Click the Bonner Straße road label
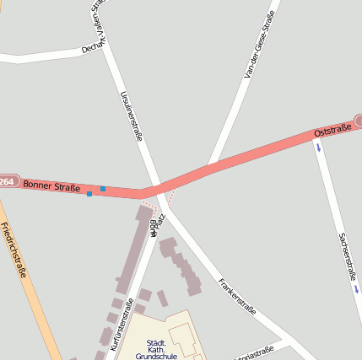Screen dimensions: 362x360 [51, 185]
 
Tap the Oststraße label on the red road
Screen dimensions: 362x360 [332, 132]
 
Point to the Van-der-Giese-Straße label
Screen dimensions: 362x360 [259, 45]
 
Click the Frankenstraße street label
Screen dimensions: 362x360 [236, 296]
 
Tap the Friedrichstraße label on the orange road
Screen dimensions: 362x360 [14, 250]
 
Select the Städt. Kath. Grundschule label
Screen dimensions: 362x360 [151, 349]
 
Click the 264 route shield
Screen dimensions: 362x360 [8, 181]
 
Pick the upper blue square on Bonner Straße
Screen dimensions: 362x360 [103, 189]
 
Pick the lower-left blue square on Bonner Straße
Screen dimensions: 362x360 [89, 194]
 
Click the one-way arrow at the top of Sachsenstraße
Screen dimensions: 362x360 [318, 148]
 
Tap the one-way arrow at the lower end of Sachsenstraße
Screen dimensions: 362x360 [356, 289]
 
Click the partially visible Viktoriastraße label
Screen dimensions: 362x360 [253, 352]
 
